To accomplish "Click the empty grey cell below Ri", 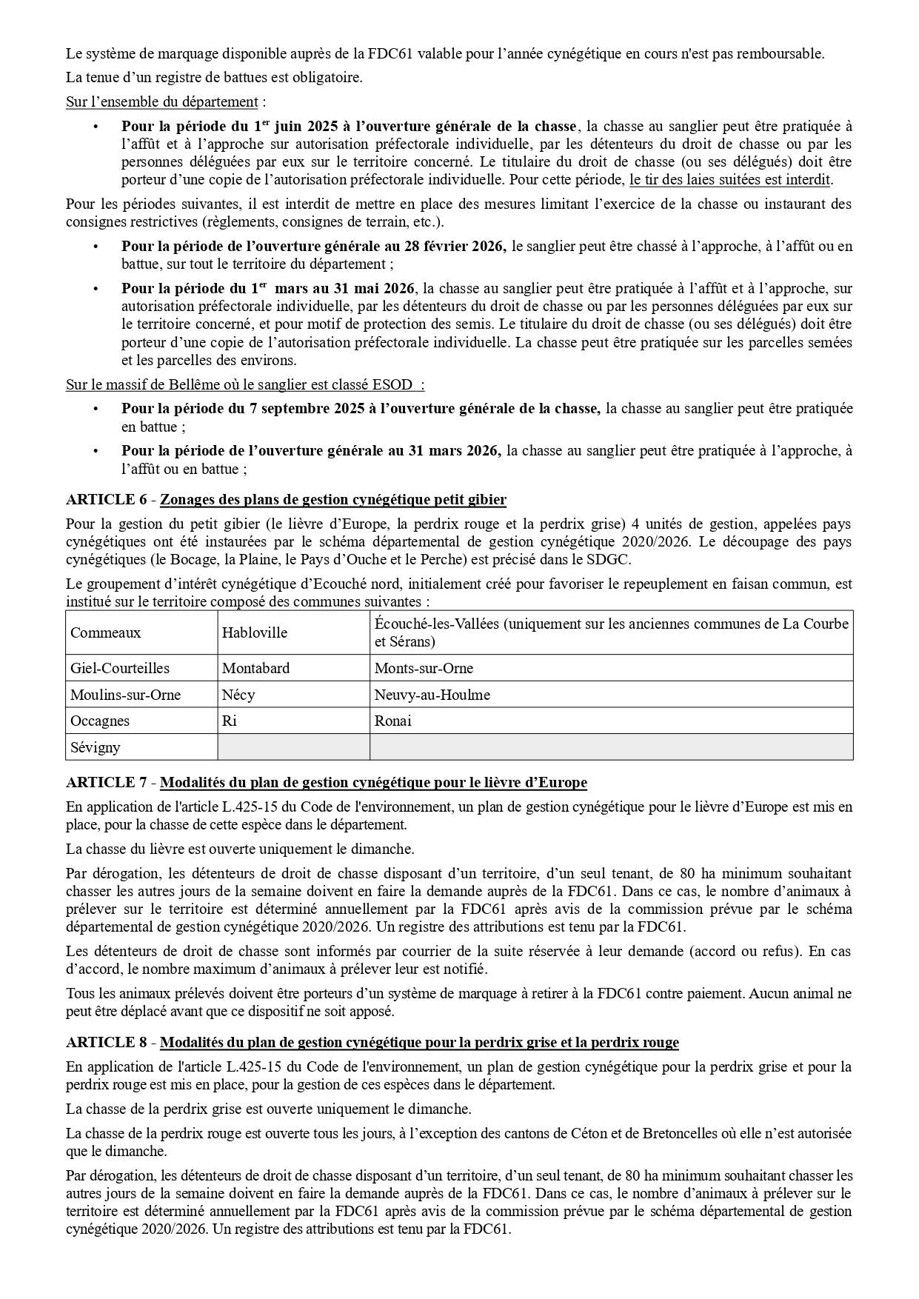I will (x=293, y=747).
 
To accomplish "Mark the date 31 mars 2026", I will (x=455, y=450).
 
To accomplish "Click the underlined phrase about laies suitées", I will (x=729, y=180).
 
